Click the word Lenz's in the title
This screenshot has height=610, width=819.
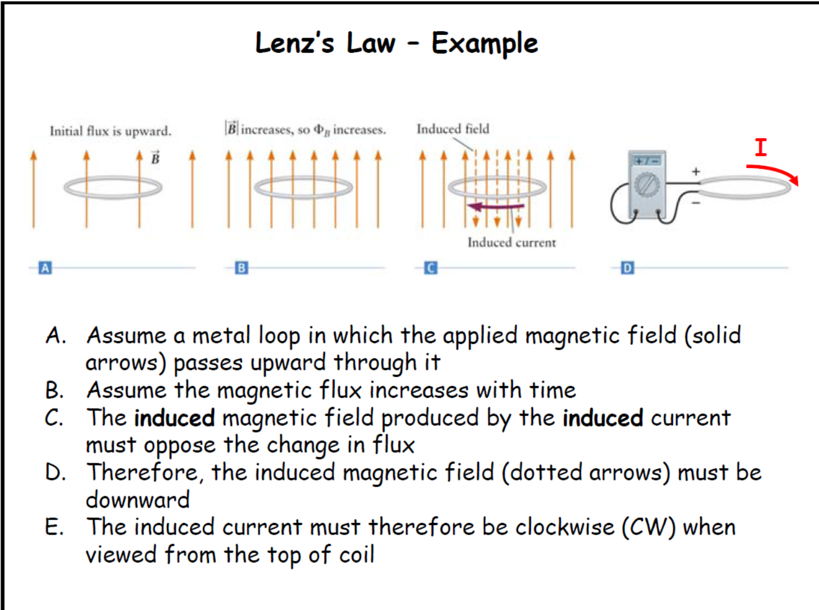[x=295, y=43]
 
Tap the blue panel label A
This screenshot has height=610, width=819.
[x=45, y=268]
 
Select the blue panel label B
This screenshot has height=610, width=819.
[x=241, y=268]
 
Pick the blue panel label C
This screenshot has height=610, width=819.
[x=430, y=268]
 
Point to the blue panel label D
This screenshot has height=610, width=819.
[x=627, y=268]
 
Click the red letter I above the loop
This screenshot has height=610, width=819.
[x=760, y=147]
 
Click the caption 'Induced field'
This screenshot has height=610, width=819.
[x=452, y=129]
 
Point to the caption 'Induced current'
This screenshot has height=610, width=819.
[x=511, y=242]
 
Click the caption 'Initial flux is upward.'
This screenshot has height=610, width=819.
[x=110, y=131]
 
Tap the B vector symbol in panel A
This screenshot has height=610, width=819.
[x=155, y=158]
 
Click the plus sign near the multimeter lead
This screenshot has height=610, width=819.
[x=695, y=172]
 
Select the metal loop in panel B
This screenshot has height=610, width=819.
[x=303, y=187]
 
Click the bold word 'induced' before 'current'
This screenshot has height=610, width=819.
[x=603, y=418]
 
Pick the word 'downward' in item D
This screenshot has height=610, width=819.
[x=138, y=500]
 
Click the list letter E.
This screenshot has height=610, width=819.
[x=54, y=527]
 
